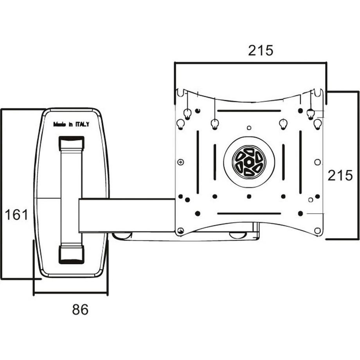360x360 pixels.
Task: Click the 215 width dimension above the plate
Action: coord(260,50)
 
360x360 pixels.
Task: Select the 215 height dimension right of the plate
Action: coord(340,175)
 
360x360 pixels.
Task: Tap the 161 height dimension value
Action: coord(16,214)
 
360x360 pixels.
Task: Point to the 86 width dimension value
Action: coord(80,310)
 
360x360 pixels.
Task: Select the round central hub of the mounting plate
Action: coord(249,162)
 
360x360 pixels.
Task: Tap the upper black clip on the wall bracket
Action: coord(71,143)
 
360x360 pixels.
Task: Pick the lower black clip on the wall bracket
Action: coord(71,254)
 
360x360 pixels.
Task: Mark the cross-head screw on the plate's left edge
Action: coord(180,162)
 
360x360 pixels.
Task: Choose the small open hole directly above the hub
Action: coord(249,128)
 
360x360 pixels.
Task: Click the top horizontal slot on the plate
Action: coord(249,111)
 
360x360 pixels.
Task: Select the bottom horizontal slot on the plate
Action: coord(249,214)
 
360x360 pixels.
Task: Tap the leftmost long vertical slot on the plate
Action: coord(198,162)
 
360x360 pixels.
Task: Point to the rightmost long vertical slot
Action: coord(301,162)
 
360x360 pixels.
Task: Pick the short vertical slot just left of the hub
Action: coord(215,162)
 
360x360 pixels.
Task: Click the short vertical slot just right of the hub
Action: coord(283,162)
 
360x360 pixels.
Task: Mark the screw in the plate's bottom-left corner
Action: coord(180,231)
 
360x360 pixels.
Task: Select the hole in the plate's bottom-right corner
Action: coord(318,230)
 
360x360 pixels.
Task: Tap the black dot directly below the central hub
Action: coord(249,196)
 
